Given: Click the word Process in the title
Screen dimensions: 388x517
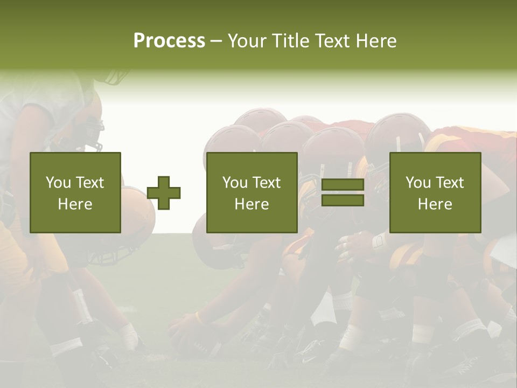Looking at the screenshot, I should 169,41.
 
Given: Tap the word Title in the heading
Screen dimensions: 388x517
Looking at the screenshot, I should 290,41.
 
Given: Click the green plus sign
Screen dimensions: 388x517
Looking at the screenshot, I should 164,193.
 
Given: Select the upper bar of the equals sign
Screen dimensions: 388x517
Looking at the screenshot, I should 343,185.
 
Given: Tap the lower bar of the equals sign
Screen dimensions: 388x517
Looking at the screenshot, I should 343,200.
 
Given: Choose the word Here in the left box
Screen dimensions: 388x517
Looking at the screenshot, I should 75,204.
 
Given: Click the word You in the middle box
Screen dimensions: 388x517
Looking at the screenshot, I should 234,183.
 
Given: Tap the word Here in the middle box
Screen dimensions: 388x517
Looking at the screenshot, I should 252,204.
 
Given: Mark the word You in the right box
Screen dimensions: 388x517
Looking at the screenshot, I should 417,183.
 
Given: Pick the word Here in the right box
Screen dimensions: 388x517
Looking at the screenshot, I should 435,204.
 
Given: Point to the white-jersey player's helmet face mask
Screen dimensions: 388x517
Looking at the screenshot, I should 93,135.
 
